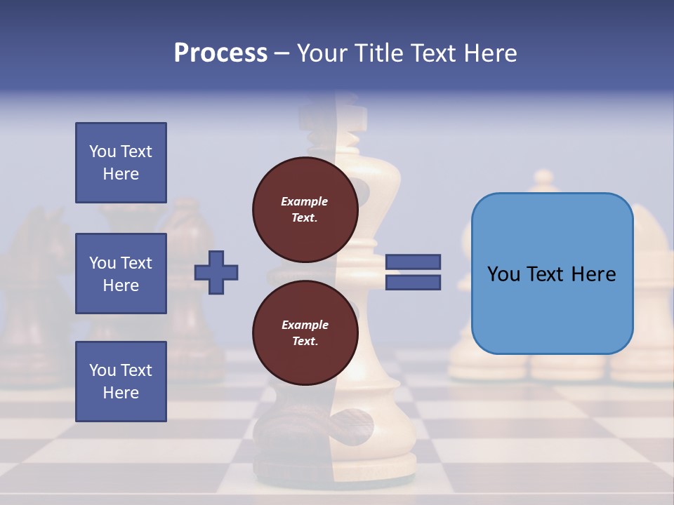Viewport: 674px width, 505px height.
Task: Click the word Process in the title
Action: (220, 53)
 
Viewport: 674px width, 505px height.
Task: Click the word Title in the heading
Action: (378, 53)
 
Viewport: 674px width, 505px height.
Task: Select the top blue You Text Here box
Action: (121, 163)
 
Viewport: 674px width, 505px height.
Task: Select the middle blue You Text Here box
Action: (121, 274)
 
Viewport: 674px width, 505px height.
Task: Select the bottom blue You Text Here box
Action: (121, 381)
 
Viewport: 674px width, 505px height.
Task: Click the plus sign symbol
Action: (216, 272)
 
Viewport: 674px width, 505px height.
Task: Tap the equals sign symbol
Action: (413, 272)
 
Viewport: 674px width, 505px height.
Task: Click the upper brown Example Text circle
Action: (305, 209)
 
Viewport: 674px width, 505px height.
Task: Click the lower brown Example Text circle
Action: (305, 332)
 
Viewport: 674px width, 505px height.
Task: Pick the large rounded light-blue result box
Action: (552, 274)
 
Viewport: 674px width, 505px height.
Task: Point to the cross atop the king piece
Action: (354, 116)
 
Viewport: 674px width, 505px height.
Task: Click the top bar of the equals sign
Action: (413, 262)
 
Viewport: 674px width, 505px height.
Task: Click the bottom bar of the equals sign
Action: (413, 282)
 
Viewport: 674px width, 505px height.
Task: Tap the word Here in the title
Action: (491, 53)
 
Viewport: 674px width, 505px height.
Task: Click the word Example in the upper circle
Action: (304, 201)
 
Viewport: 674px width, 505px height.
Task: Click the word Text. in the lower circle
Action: (305, 342)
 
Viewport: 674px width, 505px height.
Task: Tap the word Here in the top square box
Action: (121, 174)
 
